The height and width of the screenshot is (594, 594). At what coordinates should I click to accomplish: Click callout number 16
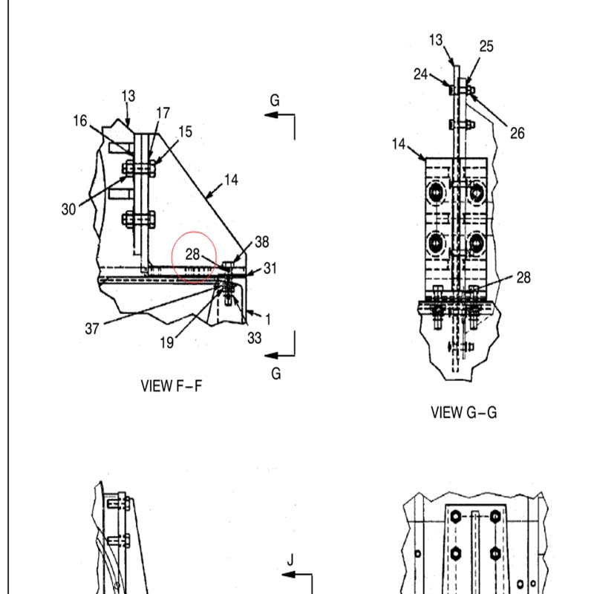(80, 121)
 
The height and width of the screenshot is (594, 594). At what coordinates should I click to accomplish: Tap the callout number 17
(163, 113)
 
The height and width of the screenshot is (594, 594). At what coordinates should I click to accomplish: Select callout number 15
(185, 132)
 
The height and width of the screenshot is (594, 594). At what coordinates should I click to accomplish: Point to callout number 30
(68, 209)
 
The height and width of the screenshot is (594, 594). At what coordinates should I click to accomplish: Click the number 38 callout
(262, 242)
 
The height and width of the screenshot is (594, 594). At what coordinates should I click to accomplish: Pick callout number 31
(270, 268)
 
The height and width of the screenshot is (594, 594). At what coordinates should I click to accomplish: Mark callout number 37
(91, 328)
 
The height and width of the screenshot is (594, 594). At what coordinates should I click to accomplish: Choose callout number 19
(166, 342)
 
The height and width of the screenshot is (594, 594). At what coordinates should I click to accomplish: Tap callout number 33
(254, 338)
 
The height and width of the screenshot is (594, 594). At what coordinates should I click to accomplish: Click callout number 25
(486, 46)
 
